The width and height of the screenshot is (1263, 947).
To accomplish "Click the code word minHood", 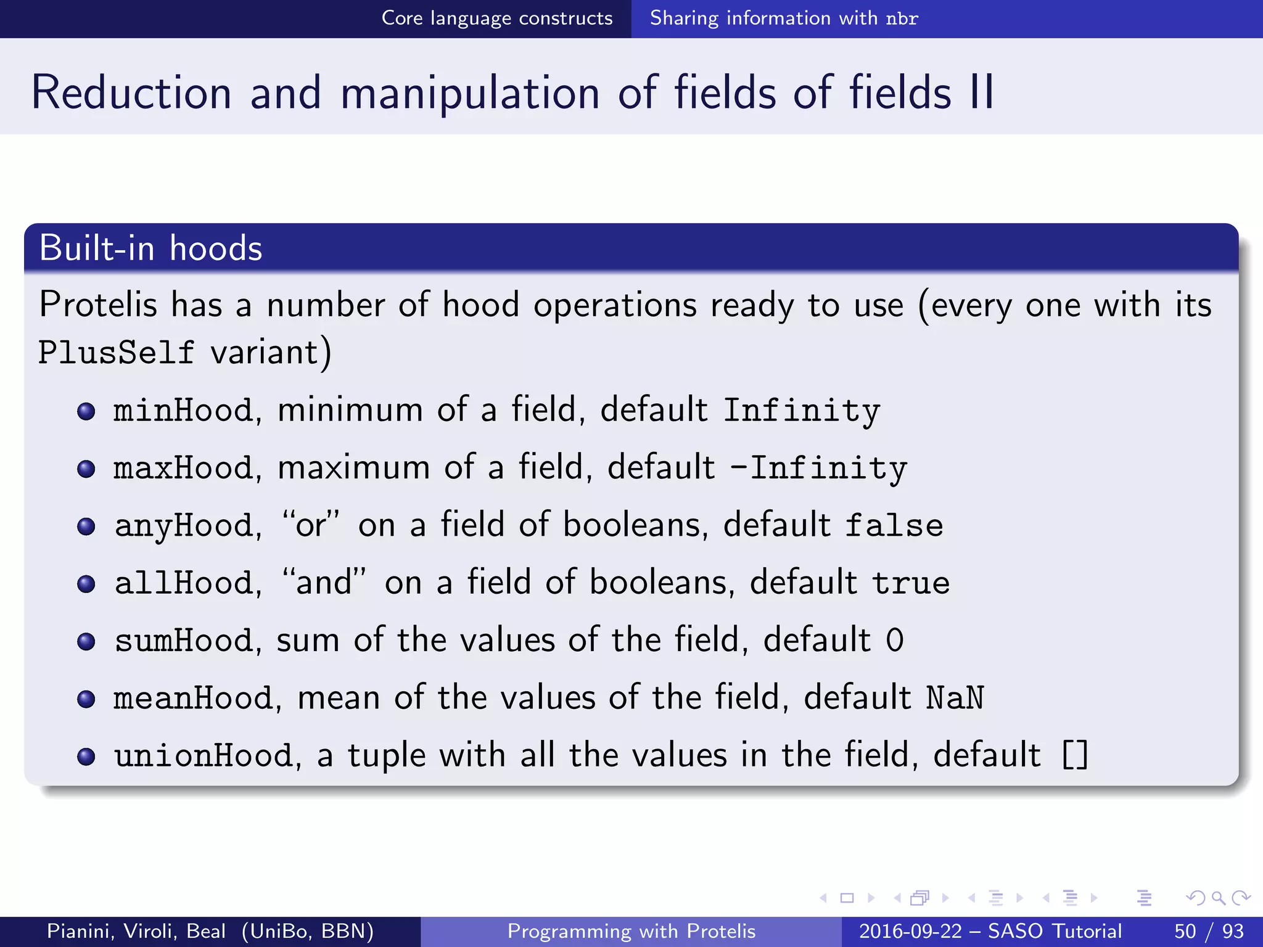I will click(x=183, y=411).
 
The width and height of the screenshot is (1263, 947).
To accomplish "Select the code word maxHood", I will click(x=183, y=468).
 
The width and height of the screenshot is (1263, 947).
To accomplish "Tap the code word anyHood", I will click(x=183, y=526).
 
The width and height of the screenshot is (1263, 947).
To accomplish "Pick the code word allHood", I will click(x=183, y=583).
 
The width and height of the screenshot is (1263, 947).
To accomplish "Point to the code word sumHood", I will click(x=183, y=641).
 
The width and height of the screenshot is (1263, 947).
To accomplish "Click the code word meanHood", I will click(x=193, y=698).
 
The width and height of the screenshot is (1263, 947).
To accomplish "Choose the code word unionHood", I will click(x=204, y=756).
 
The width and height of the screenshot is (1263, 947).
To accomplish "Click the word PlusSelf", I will click(x=116, y=353).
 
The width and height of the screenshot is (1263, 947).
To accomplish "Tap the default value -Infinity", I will click(x=818, y=468).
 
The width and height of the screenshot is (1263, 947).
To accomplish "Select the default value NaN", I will click(x=955, y=698).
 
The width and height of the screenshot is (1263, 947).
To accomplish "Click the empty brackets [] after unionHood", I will click(x=1075, y=756).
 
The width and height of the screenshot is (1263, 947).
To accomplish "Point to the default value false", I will click(x=894, y=526).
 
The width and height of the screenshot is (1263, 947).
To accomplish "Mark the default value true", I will click(x=911, y=583).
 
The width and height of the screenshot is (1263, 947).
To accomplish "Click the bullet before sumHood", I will click(x=86, y=642).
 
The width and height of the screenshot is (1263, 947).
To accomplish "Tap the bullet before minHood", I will click(x=86, y=411).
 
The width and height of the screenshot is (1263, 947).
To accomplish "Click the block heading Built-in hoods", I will click(x=151, y=248).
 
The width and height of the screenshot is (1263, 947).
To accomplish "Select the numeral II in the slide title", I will click(x=981, y=92).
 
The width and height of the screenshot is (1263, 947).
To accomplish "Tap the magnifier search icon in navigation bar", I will click(x=1218, y=898).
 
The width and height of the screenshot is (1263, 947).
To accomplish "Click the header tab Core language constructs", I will click(x=497, y=18).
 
